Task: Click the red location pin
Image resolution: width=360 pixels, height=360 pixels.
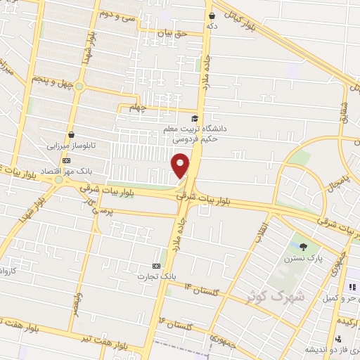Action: point(181,165)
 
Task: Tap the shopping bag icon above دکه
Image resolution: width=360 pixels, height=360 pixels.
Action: point(212,14)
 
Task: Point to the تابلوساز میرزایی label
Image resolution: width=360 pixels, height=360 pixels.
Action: point(70,148)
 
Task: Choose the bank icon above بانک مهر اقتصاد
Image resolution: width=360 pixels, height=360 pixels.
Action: point(66,160)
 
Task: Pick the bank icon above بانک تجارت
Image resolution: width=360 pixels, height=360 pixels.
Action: point(156,266)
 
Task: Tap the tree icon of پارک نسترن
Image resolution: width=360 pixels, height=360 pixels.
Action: point(303,246)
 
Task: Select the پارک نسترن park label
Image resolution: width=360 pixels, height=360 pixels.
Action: point(303,259)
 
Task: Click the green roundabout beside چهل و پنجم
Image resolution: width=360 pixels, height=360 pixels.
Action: point(79,87)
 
